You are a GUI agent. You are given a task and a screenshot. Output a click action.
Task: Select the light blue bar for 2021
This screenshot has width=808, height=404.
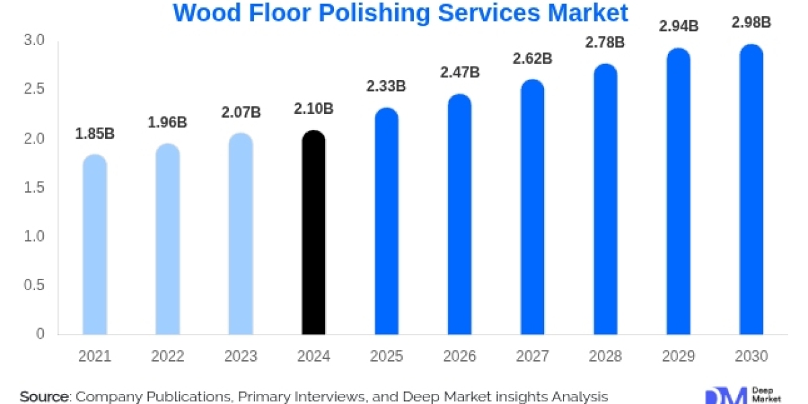tap(94, 246)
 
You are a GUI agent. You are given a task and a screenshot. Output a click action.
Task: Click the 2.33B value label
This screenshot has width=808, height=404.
tap(386, 86)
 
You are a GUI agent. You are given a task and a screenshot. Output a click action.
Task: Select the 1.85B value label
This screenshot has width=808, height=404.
tap(94, 134)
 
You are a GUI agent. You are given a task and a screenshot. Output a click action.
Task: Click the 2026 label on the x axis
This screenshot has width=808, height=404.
tap(459, 357)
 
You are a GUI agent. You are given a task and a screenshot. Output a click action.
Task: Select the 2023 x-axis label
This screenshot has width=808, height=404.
tap(240, 357)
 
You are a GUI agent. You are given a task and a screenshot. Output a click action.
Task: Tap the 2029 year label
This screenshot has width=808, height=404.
tap(678, 357)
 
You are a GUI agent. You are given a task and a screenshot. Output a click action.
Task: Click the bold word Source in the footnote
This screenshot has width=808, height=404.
tap(44, 397)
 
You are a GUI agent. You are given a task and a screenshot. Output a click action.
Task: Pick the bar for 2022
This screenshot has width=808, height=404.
tap(168, 240)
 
